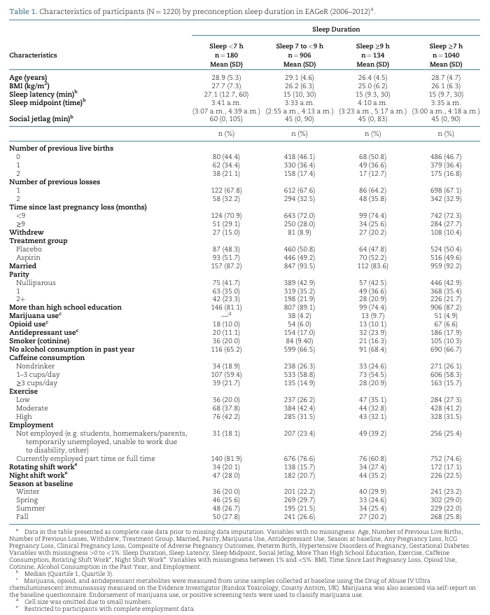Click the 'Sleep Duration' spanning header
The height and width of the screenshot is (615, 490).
pos(337,29)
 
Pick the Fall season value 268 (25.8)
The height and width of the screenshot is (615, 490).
pos(445,517)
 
